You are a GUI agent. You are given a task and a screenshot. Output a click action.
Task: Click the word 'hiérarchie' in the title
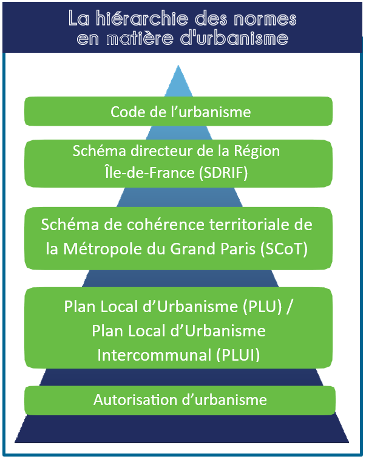click(141, 19)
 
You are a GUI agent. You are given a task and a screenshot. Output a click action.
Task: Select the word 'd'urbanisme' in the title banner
click(234, 38)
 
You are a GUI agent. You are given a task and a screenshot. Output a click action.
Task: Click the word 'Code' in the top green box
click(128, 112)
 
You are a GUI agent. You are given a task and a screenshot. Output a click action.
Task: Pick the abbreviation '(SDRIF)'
click(223, 172)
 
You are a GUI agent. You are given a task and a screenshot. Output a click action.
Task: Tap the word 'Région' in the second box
click(257, 152)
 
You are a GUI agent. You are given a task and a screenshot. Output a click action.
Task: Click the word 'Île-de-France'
click(149, 172)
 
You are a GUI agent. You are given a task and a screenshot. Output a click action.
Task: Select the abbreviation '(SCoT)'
click(284, 249)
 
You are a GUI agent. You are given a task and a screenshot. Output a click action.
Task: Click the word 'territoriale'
click(249, 225)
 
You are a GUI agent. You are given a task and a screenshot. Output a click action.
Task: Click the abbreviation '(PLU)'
click(262, 307)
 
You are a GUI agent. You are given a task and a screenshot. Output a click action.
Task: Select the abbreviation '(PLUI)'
click(238, 355)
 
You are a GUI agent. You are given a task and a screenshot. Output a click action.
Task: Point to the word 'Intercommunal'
click(154, 355)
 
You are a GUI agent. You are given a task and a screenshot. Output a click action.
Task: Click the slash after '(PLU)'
click(289, 307)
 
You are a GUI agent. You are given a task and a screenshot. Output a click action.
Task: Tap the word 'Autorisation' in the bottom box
click(135, 400)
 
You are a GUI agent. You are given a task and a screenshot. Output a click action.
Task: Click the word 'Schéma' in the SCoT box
click(70, 225)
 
